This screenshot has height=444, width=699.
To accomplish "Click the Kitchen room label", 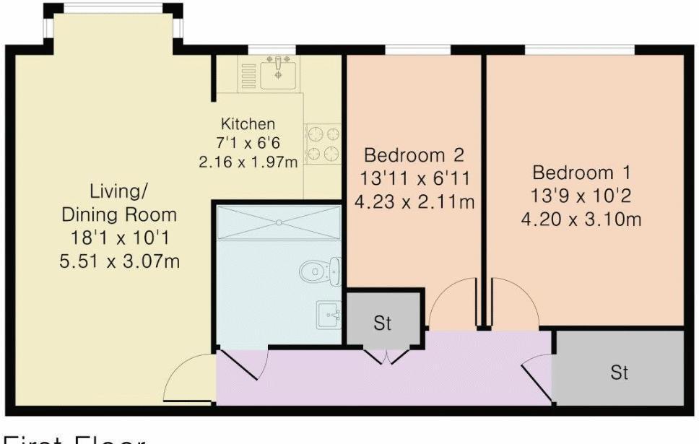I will tap(248, 123).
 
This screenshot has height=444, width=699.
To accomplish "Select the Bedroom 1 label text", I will tap(582, 173).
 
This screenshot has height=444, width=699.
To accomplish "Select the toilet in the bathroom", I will tap(314, 271).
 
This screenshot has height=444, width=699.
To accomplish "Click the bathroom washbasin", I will tap(330, 315).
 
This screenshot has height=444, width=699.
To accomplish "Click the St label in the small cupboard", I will tap(382, 323).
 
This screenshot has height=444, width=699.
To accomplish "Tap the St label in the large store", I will tap(619, 373).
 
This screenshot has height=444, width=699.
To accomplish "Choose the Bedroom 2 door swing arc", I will tap(451, 303).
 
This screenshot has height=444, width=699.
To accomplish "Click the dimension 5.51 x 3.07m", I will tap(119, 259).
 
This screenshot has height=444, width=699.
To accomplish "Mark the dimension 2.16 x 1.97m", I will tap(248, 162).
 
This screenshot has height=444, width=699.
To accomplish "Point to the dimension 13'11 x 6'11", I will tap(414, 178).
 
